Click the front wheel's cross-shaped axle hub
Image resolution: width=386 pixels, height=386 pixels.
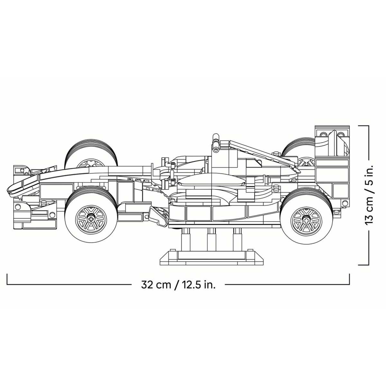(x=91, y=219)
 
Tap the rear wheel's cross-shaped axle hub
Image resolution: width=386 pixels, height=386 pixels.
(x=307, y=221)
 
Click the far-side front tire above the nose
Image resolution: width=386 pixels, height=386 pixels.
(x=91, y=153)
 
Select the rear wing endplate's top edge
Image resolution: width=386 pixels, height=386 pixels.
(x=332, y=126)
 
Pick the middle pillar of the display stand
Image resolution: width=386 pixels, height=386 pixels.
(x=212, y=240)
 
